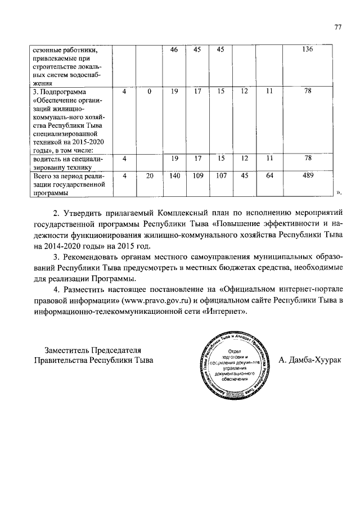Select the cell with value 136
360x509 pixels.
pyautogui.click(x=308, y=50)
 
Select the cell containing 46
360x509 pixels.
pyautogui.click(x=174, y=50)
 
